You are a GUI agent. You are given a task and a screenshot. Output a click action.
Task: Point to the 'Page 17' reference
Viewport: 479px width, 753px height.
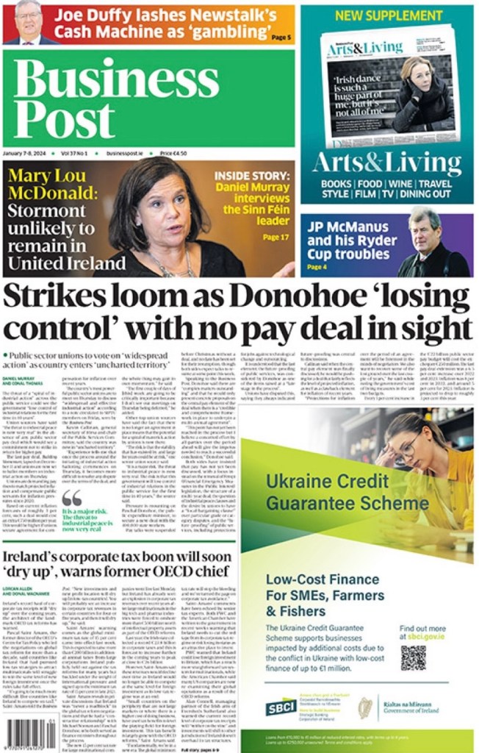pos(275,237)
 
